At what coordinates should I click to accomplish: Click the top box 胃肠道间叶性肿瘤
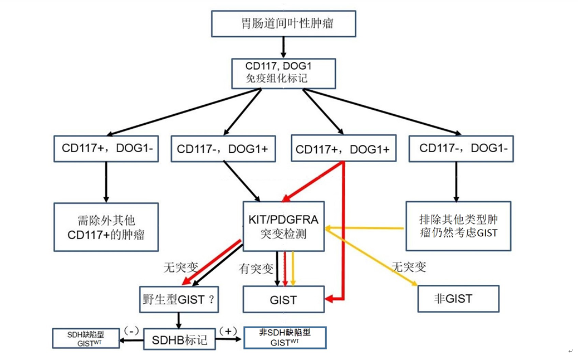(x=283, y=23)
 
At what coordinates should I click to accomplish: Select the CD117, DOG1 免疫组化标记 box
(x=283, y=72)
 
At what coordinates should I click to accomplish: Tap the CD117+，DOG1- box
(x=106, y=148)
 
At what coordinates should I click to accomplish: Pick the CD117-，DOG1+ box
(x=223, y=149)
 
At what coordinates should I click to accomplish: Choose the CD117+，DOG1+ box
(x=343, y=148)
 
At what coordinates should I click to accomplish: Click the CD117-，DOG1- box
(x=461, y=148)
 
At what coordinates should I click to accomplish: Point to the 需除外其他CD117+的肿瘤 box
(x=106, y=227)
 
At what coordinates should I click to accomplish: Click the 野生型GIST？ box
(x=179, y=299)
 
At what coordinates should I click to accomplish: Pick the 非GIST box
(x=458, y=299)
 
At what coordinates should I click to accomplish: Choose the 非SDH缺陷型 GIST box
(x=285, y=338)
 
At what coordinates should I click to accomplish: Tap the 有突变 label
(x=256, y=269)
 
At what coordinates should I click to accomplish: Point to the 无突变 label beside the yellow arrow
(x=409, y=266)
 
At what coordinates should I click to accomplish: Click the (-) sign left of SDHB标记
(x=132, y=330)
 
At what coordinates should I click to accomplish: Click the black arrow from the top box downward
(x=283, y=46)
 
